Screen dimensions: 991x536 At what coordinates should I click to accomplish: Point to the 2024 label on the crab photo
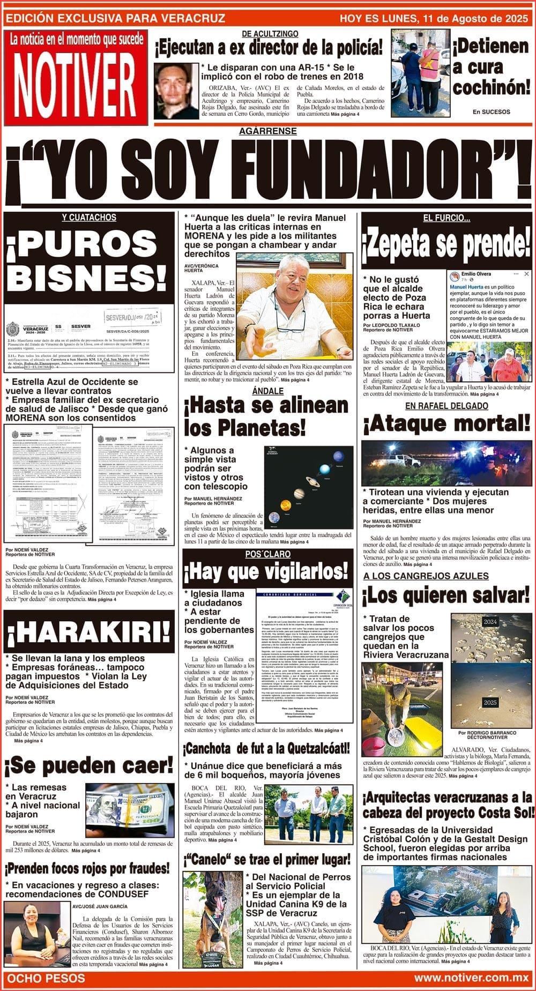point(490,622)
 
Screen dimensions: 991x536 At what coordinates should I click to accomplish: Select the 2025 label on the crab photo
point(490,702)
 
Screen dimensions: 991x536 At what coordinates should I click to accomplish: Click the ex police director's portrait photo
point(176,91)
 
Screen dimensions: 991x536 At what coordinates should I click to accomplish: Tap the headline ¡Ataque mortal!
point(446,424)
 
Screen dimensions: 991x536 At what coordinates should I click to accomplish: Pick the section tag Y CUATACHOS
point(89,218)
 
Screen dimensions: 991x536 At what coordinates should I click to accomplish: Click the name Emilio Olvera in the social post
point(476,274)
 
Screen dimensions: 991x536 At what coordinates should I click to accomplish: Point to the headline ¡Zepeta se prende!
point(446,244)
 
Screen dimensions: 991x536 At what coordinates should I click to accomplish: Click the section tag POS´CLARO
point(268,554)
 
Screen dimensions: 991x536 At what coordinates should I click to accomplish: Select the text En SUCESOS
point(492,112)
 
